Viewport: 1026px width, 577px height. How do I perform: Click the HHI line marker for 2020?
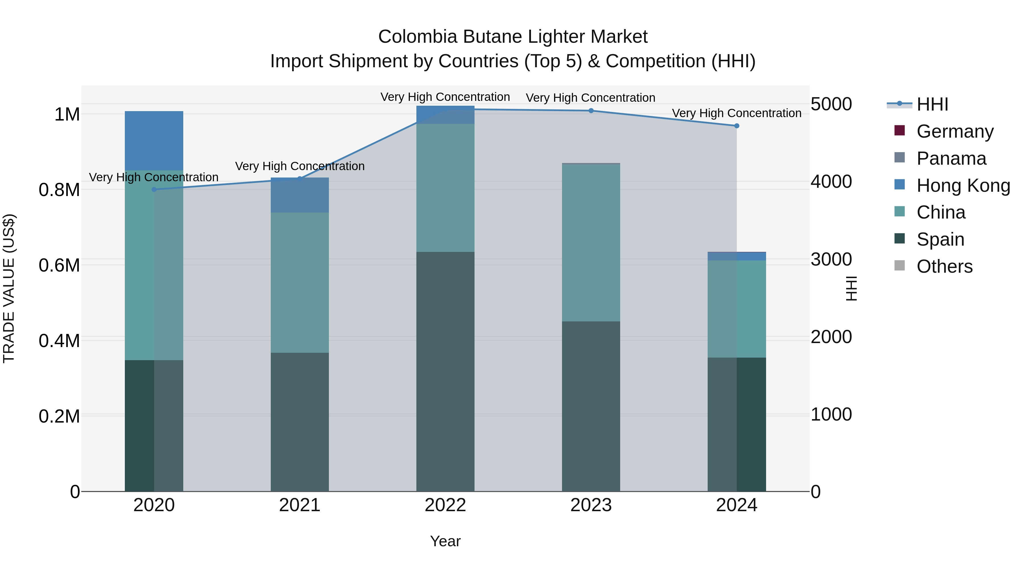click(x=154, y=189)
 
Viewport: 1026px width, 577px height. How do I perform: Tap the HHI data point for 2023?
click(x=591, y=111)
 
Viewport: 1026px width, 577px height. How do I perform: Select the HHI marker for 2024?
click(x=736, y=126)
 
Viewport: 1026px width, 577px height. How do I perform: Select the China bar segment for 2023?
click(x=591, y=242)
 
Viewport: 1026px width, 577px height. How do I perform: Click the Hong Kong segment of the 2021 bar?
click(x=300, y=195)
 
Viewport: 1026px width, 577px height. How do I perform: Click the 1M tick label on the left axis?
click(x=67, y=115)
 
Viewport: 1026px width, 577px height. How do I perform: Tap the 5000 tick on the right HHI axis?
click(x=831, y=104)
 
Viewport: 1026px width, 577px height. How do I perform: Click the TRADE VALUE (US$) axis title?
click(x=9, y=288)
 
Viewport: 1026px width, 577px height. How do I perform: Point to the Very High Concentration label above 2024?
click(x=736, y=113)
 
